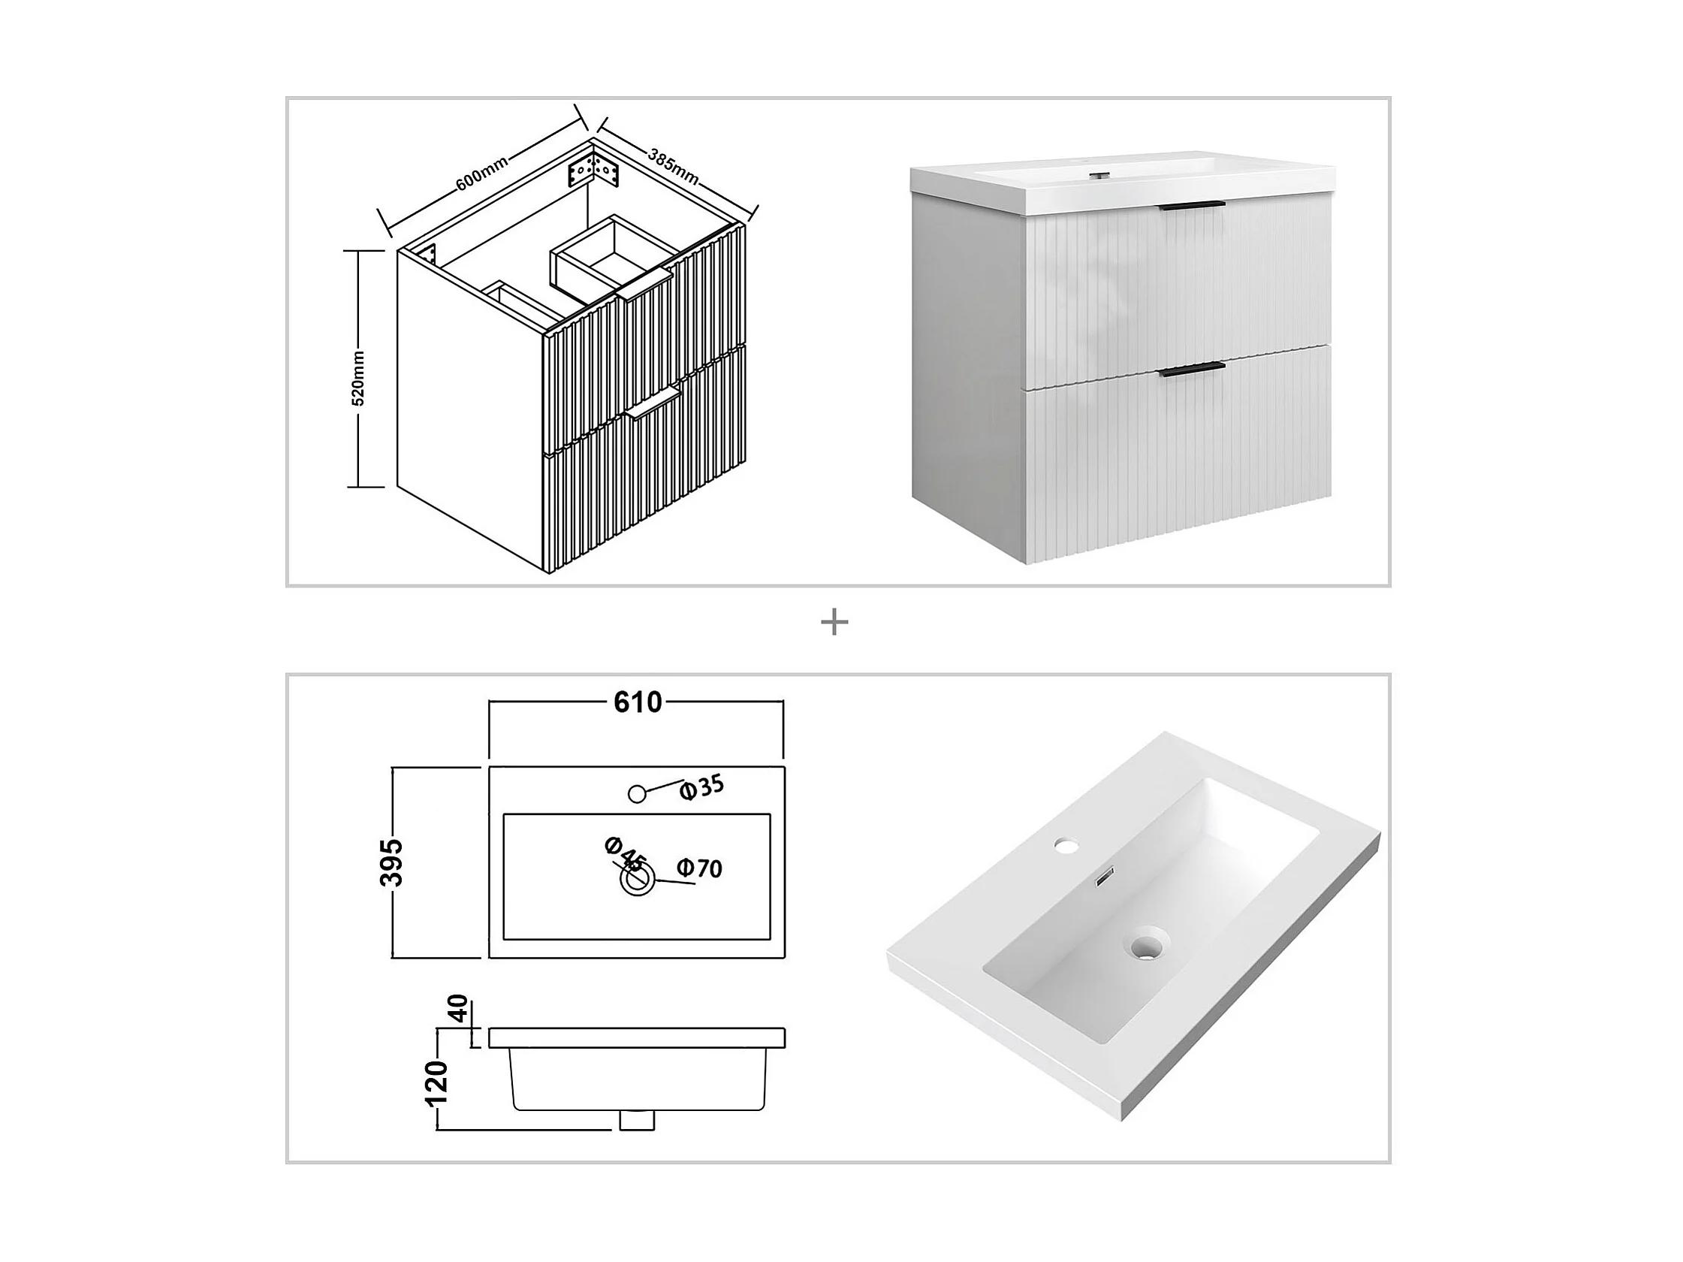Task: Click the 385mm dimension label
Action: tap(674, 166)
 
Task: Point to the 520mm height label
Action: tap(358, 379)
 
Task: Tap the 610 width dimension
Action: tap(638, 702)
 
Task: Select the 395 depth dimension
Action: tap(392, 862)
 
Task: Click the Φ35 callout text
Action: tap(701, 788)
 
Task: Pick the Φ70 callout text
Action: tap(699, 868)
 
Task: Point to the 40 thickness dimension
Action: tap(457, 1010)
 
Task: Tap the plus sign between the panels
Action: tap(834, 623)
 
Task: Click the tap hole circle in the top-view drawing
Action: tap(638, 794)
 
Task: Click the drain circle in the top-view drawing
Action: tap(637, 880)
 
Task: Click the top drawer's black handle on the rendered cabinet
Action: tap(1192, 205)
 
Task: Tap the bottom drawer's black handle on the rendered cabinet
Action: tap(1192, 370)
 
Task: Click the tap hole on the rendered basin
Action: tap(1066, 844)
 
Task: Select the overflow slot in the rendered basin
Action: tap(1103, 877)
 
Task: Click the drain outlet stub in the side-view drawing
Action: tap(637, 1120)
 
